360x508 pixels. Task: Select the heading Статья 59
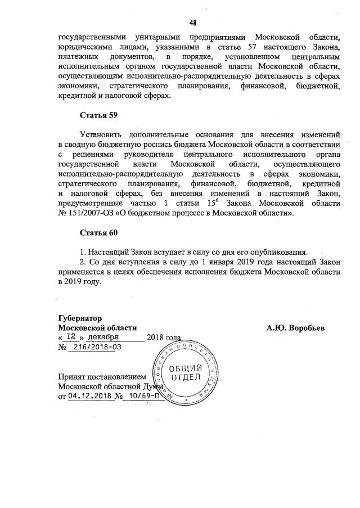(98, 115)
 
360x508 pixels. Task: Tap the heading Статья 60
(98, 232)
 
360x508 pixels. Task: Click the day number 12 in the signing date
(71, 336)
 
